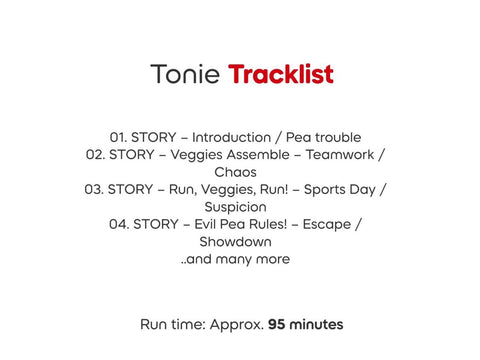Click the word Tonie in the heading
coord(186,74)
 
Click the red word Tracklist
coord(281,74)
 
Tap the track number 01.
coord(118,137)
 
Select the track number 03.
coord(95,189)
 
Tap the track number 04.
coord(119,224)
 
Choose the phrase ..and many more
coord(236,259)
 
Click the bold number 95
coord(280,324)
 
